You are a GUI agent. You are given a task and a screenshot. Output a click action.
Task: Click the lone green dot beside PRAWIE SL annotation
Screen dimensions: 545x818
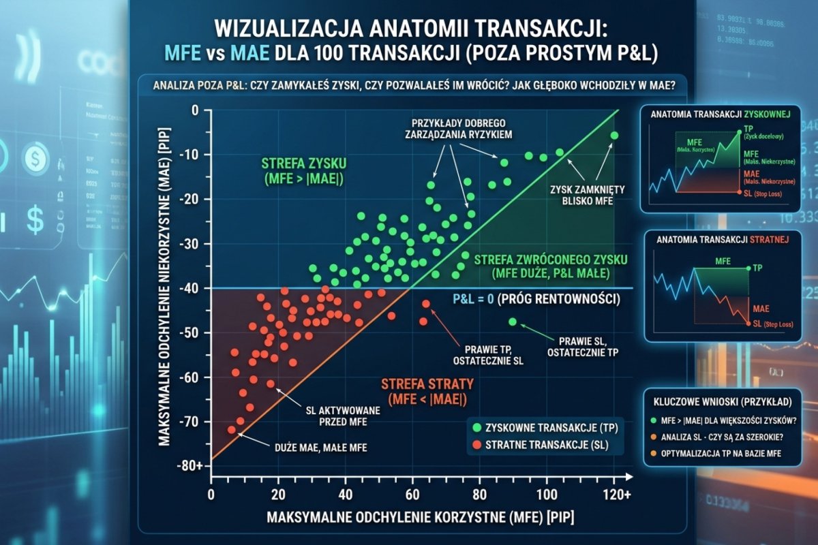513,322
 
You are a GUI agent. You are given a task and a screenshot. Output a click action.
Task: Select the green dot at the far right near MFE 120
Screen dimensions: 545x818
614,136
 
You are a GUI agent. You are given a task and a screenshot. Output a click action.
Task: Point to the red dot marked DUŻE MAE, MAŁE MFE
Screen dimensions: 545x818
232,430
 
